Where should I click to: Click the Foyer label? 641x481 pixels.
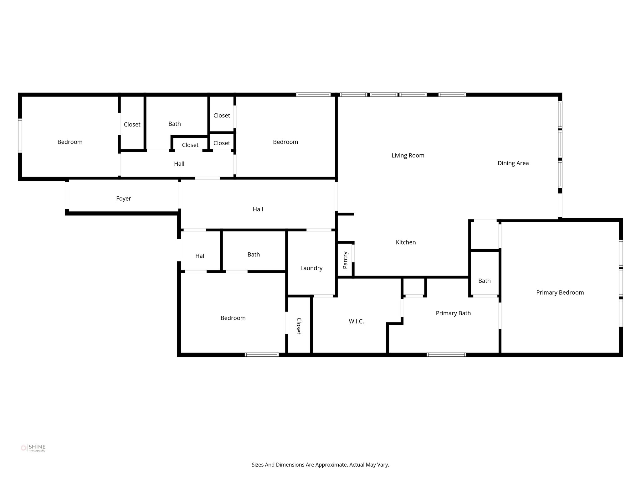coord(123,199)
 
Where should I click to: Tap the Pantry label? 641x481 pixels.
coord(345,260)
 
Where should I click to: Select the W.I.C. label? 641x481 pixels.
coord(356,321)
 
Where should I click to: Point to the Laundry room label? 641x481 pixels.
coord(311,268)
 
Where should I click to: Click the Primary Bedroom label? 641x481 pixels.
coord(560,292)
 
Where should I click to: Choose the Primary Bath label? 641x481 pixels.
coord(453,313)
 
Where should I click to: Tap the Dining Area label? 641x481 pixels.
coord(513,163)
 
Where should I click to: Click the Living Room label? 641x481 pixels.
coord(408,155)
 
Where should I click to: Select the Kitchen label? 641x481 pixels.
coord(406,242)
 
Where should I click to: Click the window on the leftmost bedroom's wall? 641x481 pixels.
coord(20,136)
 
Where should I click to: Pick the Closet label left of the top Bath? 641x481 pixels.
coord(132,125)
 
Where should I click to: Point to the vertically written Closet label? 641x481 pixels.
coord(299,326)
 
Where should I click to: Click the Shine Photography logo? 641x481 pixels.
coord(33,448)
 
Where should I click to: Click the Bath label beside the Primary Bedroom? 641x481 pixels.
coord(484,281)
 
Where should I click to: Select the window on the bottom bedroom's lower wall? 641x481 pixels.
coord(262,354)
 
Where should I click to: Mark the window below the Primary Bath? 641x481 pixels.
coord(446,354)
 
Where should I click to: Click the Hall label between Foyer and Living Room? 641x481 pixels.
coord(258,209)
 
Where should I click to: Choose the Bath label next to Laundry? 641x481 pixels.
coord(254,255)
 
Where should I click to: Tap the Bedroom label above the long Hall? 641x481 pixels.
coord(285,142)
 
